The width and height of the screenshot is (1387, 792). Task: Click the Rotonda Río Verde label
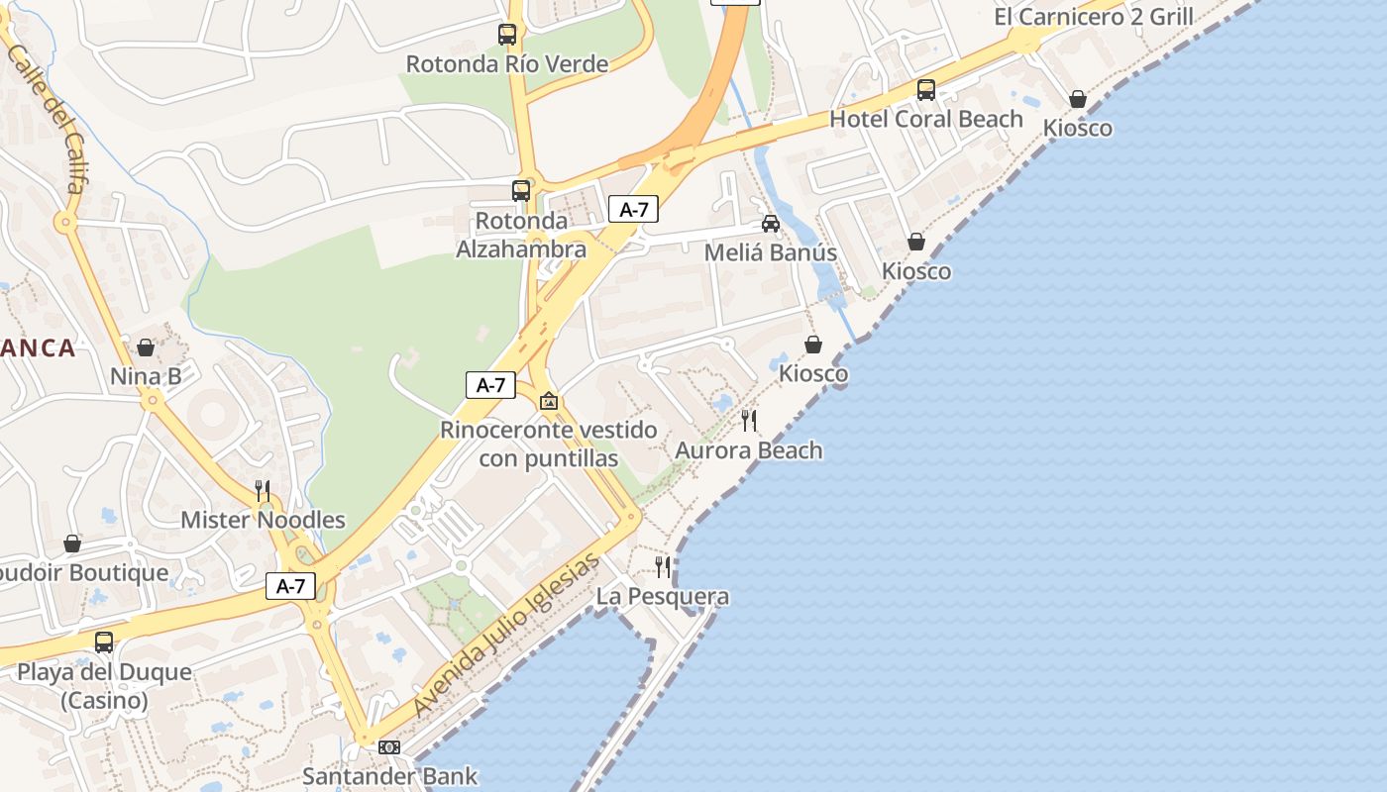click(507, 64)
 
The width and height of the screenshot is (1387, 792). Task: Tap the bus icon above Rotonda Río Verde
click(507, 35)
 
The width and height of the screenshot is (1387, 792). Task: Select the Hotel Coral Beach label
click(926, 120)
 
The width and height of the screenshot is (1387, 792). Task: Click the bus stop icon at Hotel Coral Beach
click(926, 90)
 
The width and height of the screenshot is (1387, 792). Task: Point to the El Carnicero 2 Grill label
click(1094, 17)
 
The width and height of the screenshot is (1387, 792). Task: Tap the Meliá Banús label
click(771, 252)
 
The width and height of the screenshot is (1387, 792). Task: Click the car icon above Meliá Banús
click(771, 224)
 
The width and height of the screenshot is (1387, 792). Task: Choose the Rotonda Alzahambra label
click(521, 235)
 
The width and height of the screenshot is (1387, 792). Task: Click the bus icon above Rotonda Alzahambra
click(521, 191)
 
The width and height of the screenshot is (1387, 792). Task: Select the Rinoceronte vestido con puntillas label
click(549, 445)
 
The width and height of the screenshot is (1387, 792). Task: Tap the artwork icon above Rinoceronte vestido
click(549, 401)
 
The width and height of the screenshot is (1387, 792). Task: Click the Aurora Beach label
click(749, 450)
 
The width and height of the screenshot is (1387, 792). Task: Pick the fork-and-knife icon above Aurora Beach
click(749, 421)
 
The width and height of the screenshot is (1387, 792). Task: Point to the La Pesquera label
click(663, 597)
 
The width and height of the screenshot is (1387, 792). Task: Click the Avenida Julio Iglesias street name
click(507, 635)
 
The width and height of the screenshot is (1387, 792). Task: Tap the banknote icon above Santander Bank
click(389, 747)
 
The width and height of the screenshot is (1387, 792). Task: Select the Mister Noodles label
click(263, 521)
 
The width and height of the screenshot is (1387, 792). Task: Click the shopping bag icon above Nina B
click(146, 347)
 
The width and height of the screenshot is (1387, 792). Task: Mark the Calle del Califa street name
click(47, 117)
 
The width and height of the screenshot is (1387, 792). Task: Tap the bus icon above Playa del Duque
click(104, 643)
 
